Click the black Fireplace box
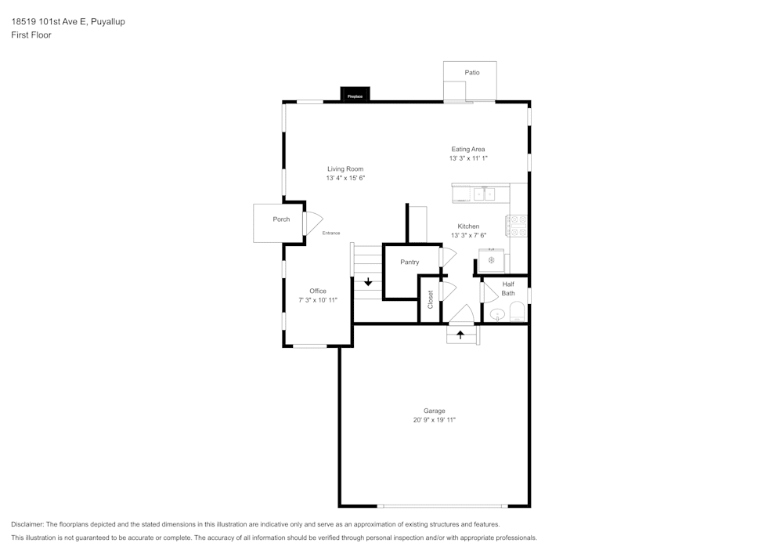[355, 95]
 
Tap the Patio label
[471, 72]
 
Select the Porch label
[281, 219]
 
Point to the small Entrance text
[331, 233]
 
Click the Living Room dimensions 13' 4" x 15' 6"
[345, 179]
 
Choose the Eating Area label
[468, 149]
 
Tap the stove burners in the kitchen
[517, 225]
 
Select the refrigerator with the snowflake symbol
[492, 259]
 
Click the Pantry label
[410, 262]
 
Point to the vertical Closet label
[430, 299]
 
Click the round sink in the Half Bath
[497, 315]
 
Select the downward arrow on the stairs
[368, 282]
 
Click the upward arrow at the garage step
[460, 335]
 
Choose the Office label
[317, 291]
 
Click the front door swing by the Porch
[312, 224]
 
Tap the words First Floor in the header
[31, 35]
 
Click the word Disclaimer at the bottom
[27, 524]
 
